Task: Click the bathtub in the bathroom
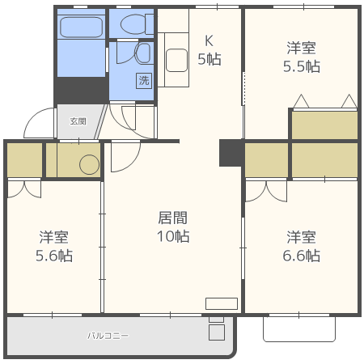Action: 81,28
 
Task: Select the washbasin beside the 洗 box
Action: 142,54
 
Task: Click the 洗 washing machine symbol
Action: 143,80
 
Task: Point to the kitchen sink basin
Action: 177,59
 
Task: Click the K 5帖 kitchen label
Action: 210,49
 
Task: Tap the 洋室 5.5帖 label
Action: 302,57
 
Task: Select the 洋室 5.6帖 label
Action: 55,246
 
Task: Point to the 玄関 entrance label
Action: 77,121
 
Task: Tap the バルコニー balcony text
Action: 108,335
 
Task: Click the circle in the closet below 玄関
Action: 89,165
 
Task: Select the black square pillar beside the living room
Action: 231,153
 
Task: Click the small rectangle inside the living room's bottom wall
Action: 221,304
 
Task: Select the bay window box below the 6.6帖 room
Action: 298,328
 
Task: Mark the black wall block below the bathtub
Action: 81,90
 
